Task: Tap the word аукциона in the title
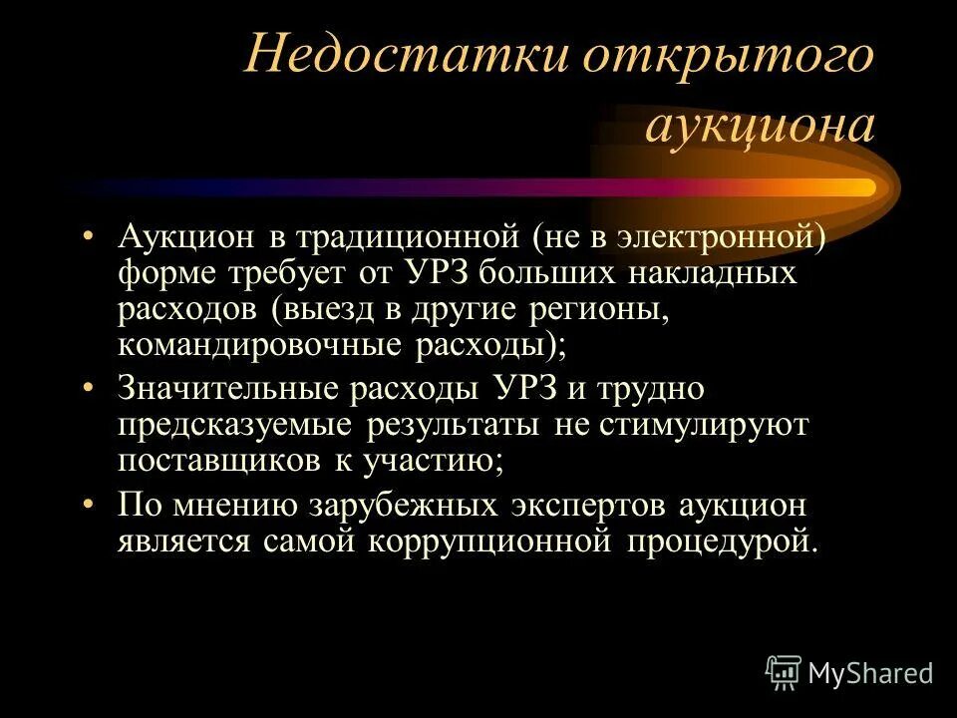coord(761,127)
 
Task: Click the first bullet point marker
coord(91,237)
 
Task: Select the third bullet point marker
coord(91,505)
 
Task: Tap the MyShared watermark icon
coord(785,674)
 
